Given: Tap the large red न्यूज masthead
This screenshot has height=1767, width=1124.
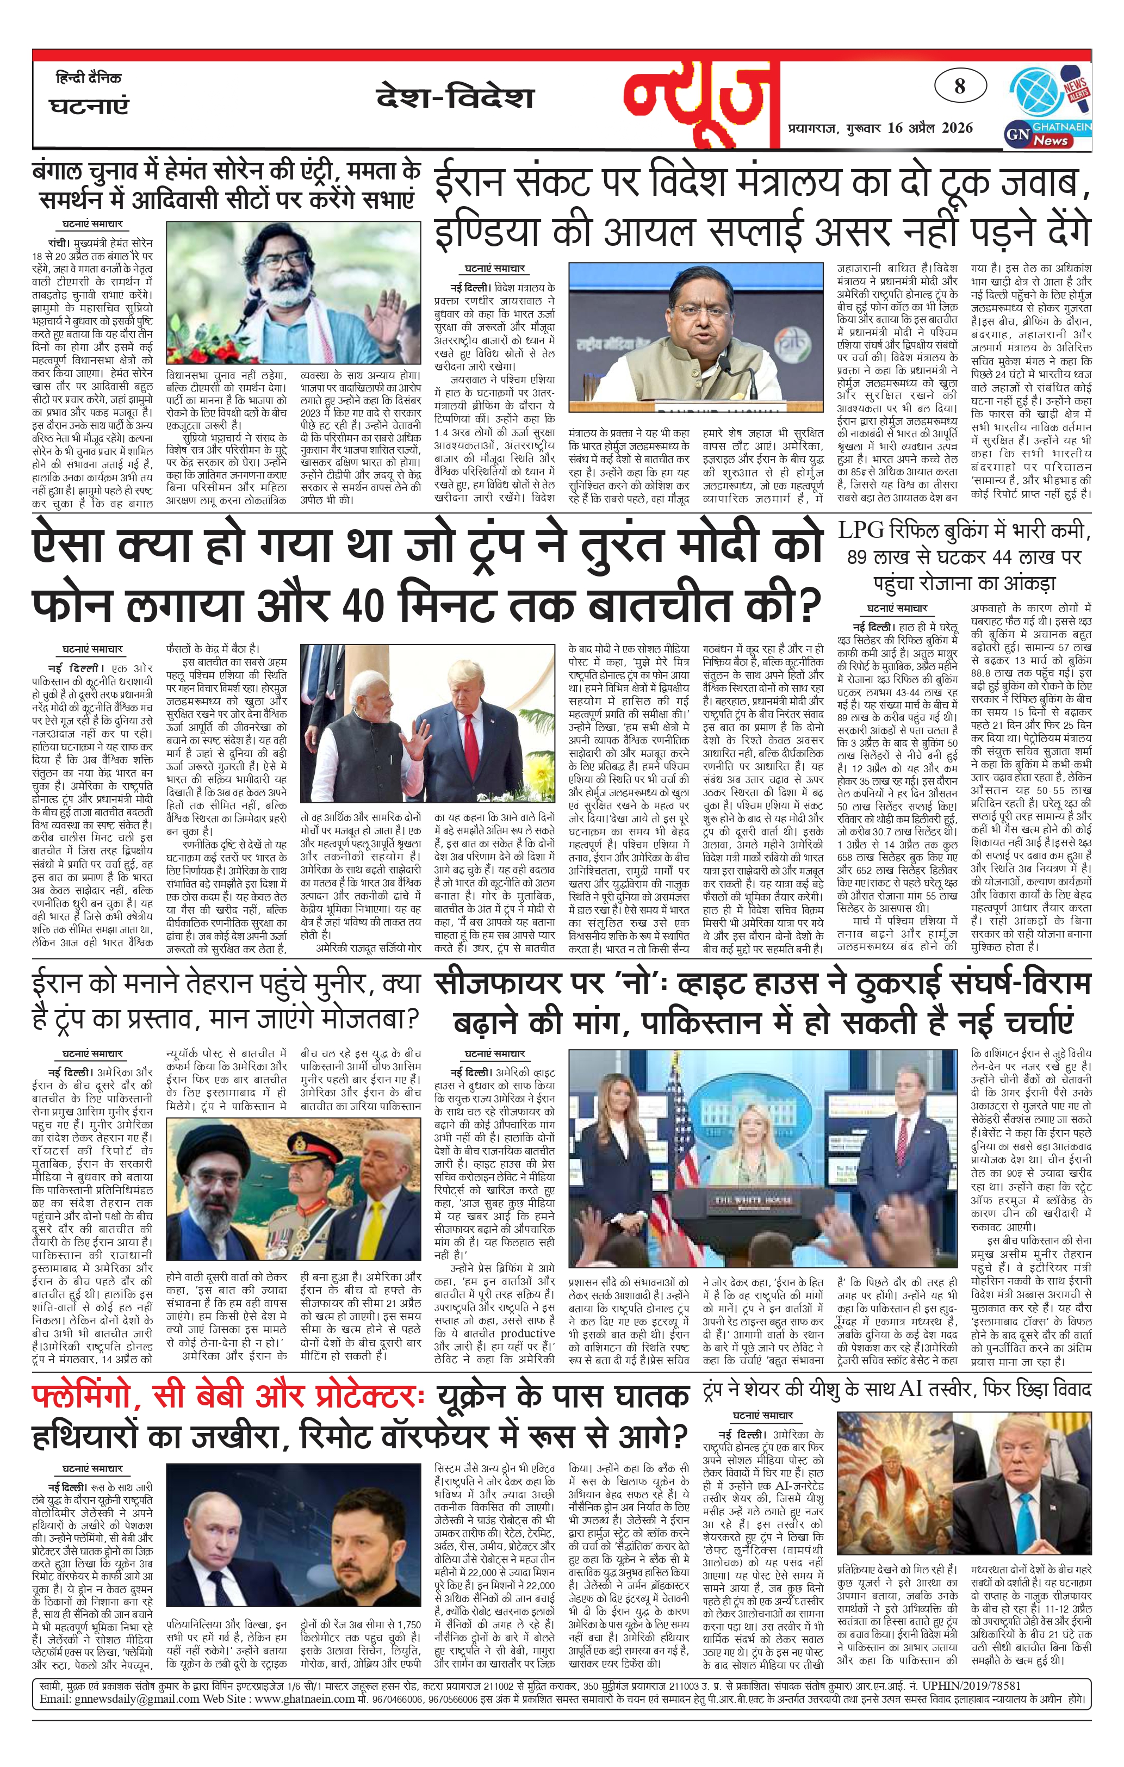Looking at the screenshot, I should coord(701,99).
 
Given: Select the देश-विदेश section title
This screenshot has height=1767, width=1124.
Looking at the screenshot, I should coord(455,97).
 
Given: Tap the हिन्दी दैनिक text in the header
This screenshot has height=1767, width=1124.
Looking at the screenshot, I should coord(88,78).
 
